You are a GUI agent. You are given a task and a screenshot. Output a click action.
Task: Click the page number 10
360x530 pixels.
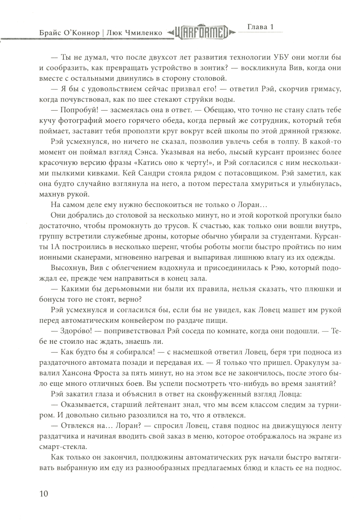pyautogui.click(x=42, y=493)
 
